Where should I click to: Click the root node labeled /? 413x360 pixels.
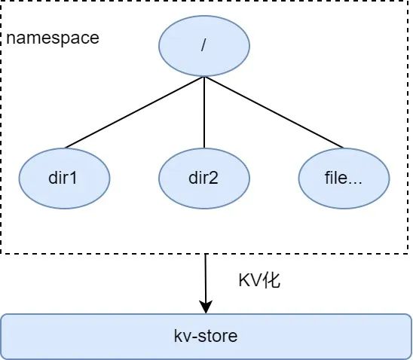coord(204,46)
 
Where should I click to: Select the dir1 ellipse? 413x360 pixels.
coord(64,178)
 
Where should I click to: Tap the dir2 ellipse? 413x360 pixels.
coord(204,178)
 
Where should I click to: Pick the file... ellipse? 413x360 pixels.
coord(344,178)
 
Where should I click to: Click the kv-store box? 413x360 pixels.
coord(206,337)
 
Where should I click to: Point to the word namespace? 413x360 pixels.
coord(53,38)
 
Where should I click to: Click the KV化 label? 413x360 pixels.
coord(259,280)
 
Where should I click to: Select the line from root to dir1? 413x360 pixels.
coord(134,112)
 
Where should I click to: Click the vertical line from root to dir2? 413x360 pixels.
coord(204,112)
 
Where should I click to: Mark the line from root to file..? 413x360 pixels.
coord(274,112)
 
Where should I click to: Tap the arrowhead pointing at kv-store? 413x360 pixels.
coord(206,307)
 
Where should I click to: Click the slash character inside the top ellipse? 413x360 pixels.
coord(203,46)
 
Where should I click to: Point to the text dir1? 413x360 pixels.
coord(63,178)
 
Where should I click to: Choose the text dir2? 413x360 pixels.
coord(203,178)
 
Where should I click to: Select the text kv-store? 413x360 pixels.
coord(206,336)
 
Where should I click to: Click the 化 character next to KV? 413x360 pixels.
coord(272,280)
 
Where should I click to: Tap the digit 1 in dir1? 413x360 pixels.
coord(74,178)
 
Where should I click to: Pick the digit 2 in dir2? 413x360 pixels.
coord(213,178)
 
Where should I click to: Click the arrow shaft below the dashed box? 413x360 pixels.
coord(206,278)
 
